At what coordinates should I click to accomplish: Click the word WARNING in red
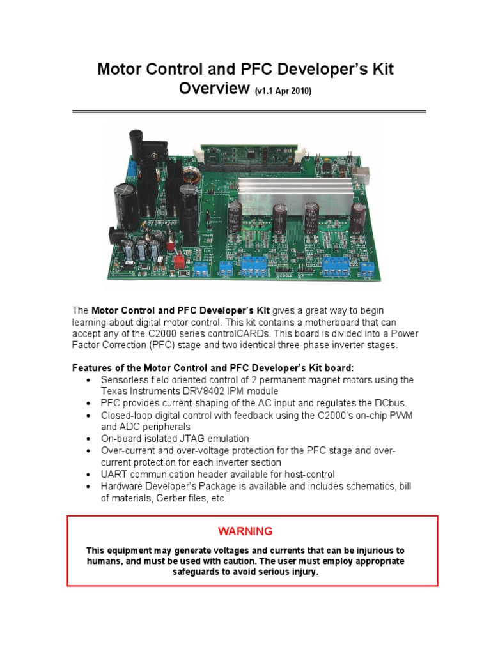245,531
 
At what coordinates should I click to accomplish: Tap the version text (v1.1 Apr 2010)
283,91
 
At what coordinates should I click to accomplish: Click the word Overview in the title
214,89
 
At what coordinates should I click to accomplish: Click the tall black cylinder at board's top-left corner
135,146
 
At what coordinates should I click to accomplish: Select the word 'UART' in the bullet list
114,474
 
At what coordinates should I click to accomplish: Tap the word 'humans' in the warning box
104,561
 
